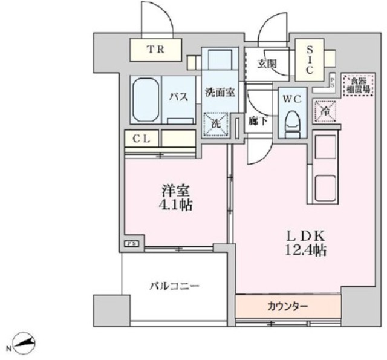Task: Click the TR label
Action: [156, 50]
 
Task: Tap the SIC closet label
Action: [308, 60]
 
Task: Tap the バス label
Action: [178, 97]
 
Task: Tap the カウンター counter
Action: [287, 306]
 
